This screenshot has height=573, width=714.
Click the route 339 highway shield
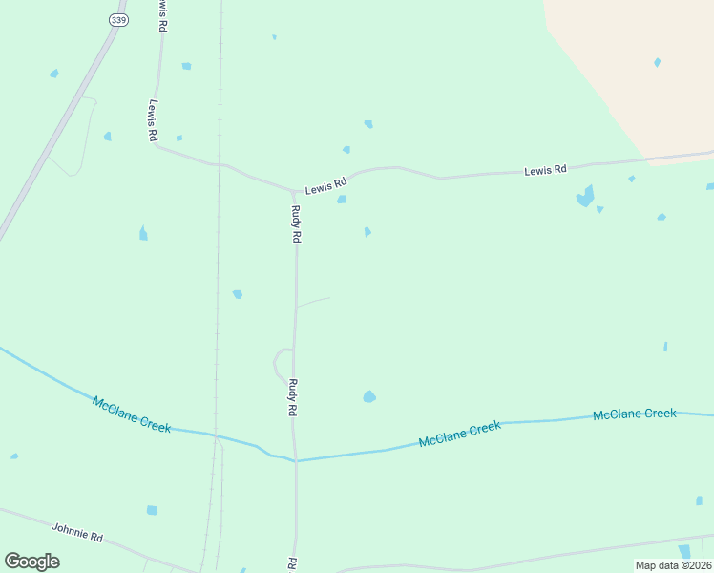pos(118,19)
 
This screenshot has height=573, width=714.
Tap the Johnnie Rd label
pos(76,532)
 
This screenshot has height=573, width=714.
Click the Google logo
pos(31,561)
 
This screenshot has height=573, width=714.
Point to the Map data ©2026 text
pos(673,565)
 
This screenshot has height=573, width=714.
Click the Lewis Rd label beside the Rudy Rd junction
pos(325,187)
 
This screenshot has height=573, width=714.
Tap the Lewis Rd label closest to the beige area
pos(545,170)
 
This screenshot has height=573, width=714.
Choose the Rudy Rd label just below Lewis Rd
pos(296,224)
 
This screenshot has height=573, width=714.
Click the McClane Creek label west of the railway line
pos(132,414)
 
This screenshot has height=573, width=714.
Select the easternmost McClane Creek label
pos(634,414)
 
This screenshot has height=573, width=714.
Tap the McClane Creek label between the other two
pos(459,435)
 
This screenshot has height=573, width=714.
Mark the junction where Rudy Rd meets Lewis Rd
pos(293,190)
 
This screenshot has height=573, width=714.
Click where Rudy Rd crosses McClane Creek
pos(296,461)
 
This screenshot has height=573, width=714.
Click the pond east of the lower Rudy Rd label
pos(369,396)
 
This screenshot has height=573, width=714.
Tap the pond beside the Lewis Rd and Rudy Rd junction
pos(341,199)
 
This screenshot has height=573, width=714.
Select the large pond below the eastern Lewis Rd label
pos(584,198)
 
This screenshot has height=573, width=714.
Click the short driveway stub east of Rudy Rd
pos(313,302)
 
